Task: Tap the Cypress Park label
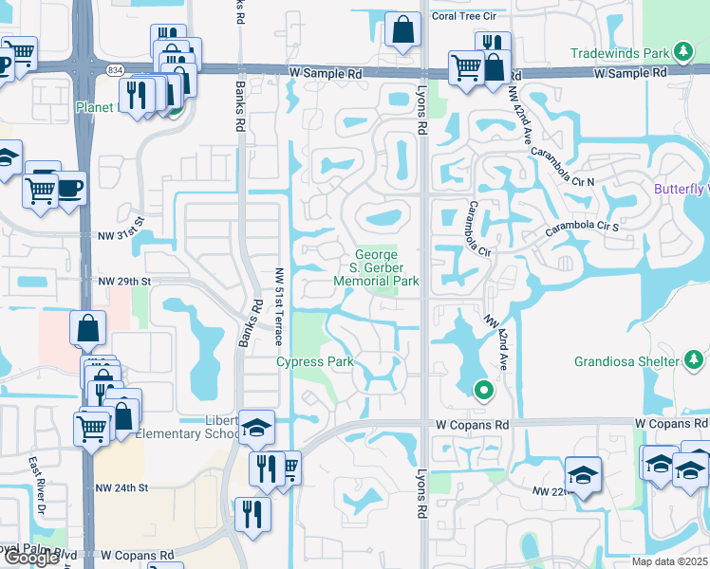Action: pos(315,361)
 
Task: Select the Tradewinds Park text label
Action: pos(618,51)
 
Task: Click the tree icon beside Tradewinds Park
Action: pos(682,51)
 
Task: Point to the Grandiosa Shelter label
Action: pos(627,361)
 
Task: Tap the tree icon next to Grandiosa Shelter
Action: pos(694,360)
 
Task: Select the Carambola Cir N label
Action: pos(562,166)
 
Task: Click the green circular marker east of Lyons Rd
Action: pos(483,389)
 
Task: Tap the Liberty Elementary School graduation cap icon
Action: pos(256,428)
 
